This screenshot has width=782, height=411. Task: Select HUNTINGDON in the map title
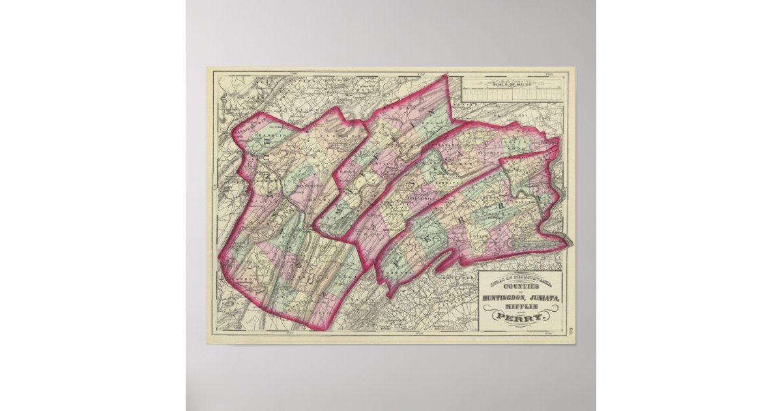click(506, 298)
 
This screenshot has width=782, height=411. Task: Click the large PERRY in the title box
click(520, 318)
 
